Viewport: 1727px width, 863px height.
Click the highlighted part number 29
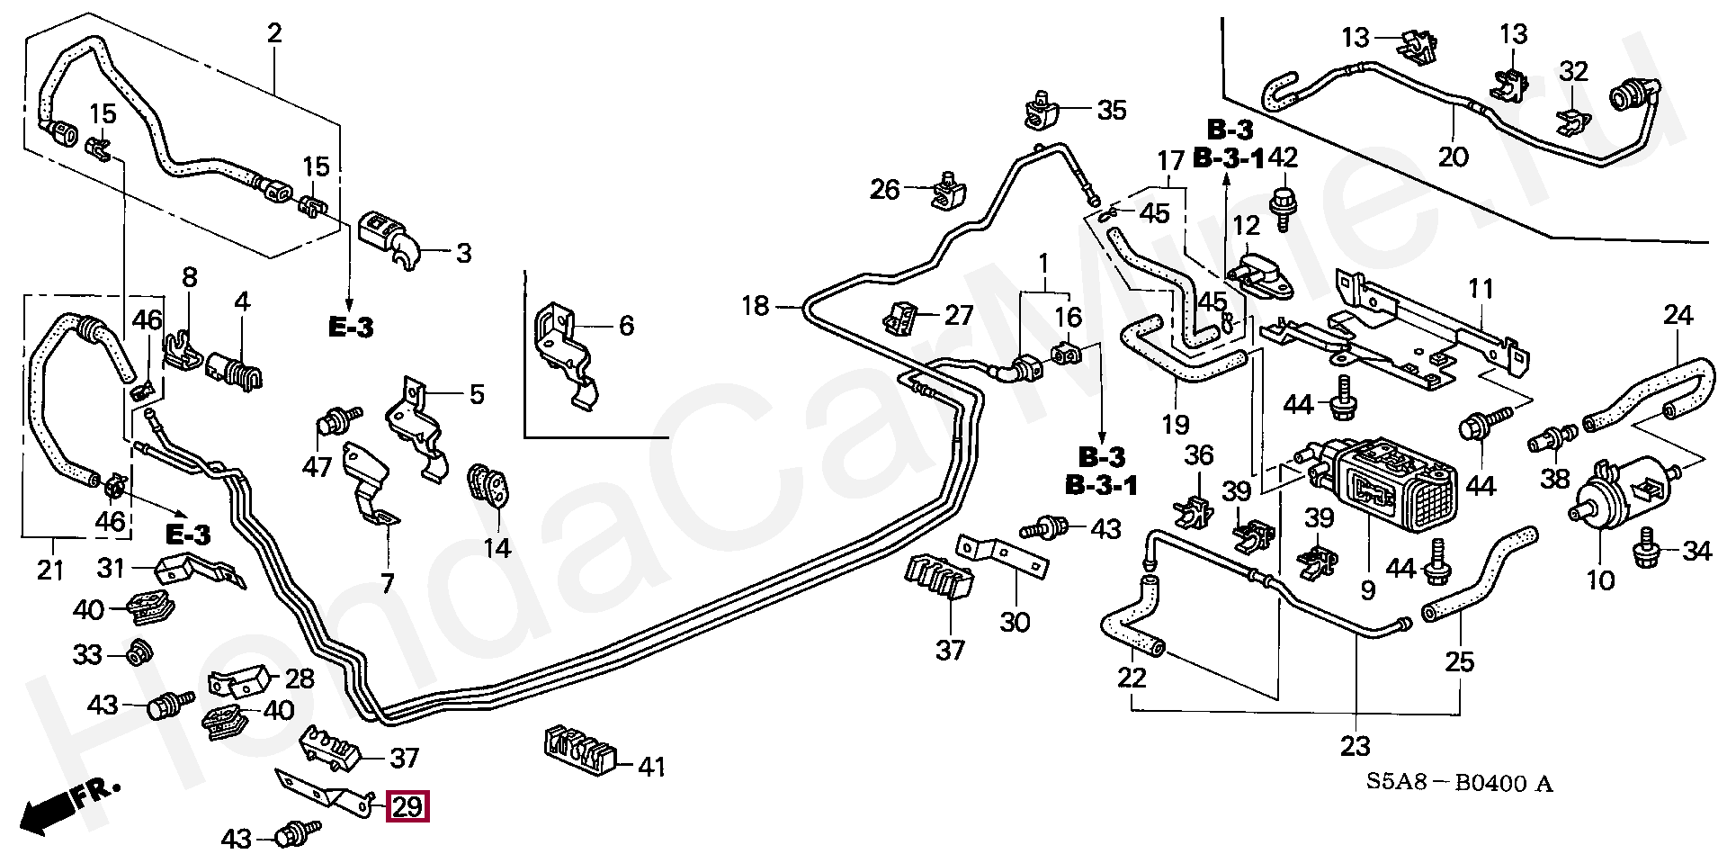coord(407,806)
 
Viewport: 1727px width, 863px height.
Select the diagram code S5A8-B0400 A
coord(1459,785)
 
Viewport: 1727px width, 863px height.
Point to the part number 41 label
coord(651,768)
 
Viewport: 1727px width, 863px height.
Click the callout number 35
coord(1111,111)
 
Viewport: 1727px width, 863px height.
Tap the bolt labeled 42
coord(1282,200)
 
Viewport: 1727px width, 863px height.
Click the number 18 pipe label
coord(756,307)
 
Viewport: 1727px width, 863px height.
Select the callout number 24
coord(1678,316)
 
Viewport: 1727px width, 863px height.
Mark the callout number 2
coord(274,34)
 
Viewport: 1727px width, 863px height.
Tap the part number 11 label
coord(1481,289)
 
